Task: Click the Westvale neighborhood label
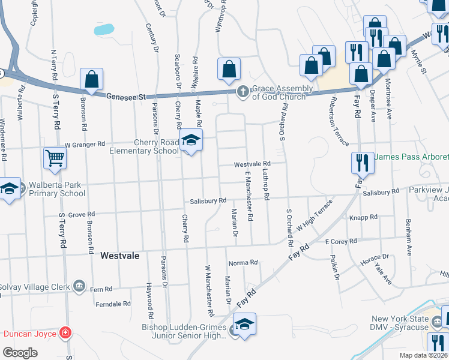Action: (x=120, y=256)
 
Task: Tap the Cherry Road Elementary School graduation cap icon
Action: (x=191, y=142)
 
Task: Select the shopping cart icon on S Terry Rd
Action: (x=55, y=158)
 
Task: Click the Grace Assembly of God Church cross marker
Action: (x=243, y=92)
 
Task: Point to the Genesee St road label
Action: (x=127, y=96)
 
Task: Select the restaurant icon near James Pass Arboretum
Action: (x=362, y=162)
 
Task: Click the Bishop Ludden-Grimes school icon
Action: (x=244, y=325)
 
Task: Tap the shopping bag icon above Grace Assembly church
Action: (x=229, y=70)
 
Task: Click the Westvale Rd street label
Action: (x=252, y=164)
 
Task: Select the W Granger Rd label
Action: (x=85, y=145)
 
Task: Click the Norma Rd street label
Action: (x=243, y=263)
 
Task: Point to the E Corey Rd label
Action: (x=341, y=241)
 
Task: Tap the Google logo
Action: (x=20, y=353)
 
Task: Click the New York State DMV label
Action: (x=400, y=323)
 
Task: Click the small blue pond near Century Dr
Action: (x=103, y=29)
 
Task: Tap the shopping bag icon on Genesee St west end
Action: (x=91, y=79)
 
